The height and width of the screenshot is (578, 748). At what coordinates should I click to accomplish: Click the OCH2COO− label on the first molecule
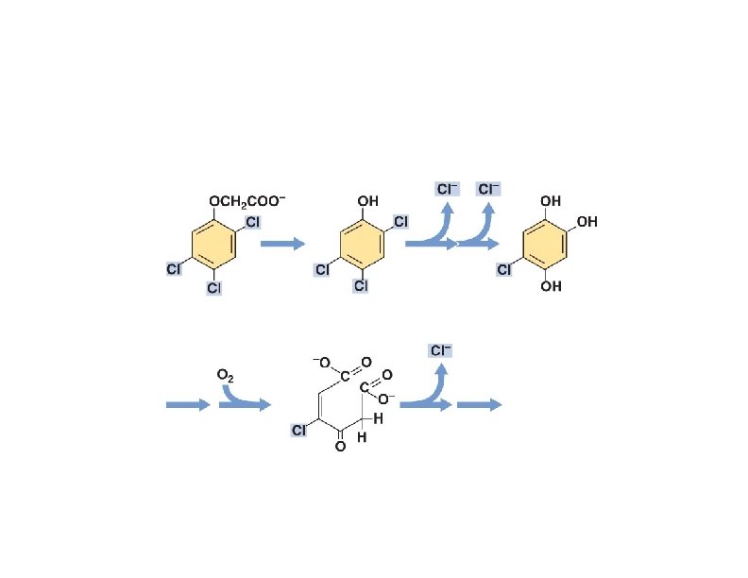tap(246, 200)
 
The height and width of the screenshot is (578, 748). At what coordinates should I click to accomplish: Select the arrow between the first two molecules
tap(282, 244)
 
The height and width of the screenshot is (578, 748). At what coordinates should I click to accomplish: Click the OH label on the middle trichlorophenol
tap(367, 200)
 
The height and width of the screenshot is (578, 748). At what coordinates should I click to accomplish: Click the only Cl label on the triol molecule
tap(505, 270)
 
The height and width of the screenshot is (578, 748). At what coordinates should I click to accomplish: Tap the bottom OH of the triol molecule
tap(551, 286)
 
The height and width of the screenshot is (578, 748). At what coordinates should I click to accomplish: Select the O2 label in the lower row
tap(226, 375)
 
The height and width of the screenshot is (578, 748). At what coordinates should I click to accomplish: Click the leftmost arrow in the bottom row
tap(188, 405)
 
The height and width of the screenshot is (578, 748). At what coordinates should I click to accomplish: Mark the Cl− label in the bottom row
tap(441, 350)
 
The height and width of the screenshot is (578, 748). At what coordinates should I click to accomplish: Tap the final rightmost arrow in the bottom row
tap(479, 405)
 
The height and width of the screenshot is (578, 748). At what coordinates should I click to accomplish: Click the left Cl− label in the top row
tap(447, 189)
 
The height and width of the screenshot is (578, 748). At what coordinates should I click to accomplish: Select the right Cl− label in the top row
tap(489, 189)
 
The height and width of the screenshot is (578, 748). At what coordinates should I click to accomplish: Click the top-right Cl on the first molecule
tap(253, 223)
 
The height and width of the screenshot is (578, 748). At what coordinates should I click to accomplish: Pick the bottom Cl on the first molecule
tap(213, 287)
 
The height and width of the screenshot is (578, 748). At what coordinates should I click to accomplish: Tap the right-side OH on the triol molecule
tap(586, 223)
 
